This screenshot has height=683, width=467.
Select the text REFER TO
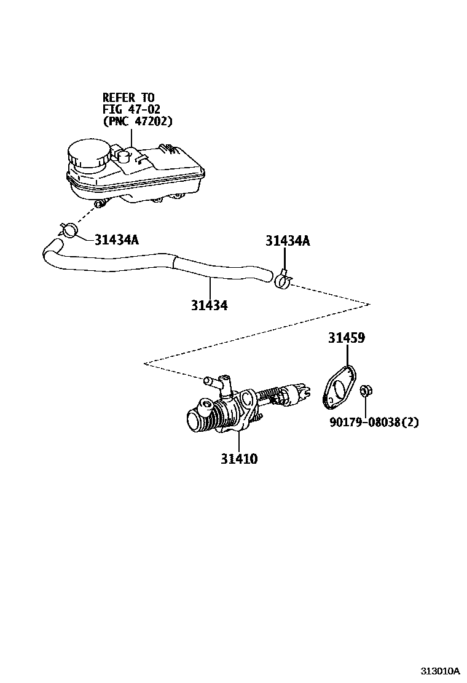click(128, 97)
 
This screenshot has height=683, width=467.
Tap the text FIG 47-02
click(131, 109)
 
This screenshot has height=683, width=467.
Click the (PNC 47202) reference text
click(137, 121)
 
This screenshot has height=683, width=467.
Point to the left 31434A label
click(117, 240)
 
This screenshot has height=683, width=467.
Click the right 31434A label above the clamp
click(288, 241)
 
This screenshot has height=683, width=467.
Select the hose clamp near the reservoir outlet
click(69, 230)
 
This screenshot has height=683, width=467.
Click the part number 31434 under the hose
click(209, 305)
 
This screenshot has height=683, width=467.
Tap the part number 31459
click(346, 338)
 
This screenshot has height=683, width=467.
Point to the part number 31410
click(240, 459)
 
